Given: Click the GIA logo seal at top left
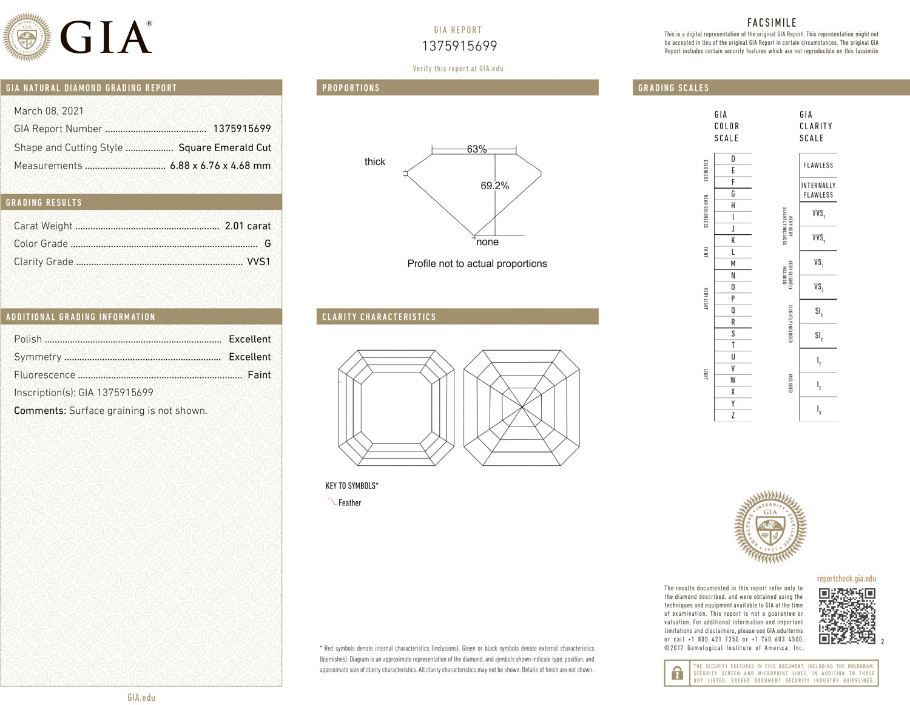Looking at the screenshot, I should click(27, 37).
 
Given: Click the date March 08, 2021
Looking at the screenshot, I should click(49, 111).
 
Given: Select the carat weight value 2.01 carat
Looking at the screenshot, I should click(248, 226).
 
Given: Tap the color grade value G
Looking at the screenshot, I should click(268, 244).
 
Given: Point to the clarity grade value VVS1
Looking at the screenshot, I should click(258, 261).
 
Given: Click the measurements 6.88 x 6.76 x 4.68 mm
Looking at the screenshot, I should click(220, 166).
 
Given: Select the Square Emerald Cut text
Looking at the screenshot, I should click(224, 147).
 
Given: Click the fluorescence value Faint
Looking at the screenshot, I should click(259, 375).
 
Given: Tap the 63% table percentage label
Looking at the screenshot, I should click(476, 149).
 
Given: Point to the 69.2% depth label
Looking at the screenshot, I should click(494, 186).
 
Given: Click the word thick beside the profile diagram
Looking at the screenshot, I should click(374, 161).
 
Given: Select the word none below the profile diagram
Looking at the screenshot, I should click(487, 242).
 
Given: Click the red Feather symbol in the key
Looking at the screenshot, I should click(332, 502).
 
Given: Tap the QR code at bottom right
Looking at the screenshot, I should click(847, 616).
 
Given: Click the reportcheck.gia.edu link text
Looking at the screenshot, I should click(846, 579).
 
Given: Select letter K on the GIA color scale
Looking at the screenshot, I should click(733, 240).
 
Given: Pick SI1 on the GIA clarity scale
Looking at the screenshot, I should click(818, 311).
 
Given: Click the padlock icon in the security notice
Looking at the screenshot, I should click(676, 673).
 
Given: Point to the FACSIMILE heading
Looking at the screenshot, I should click(772, 22).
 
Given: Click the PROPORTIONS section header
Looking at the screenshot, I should click(351, 88).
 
